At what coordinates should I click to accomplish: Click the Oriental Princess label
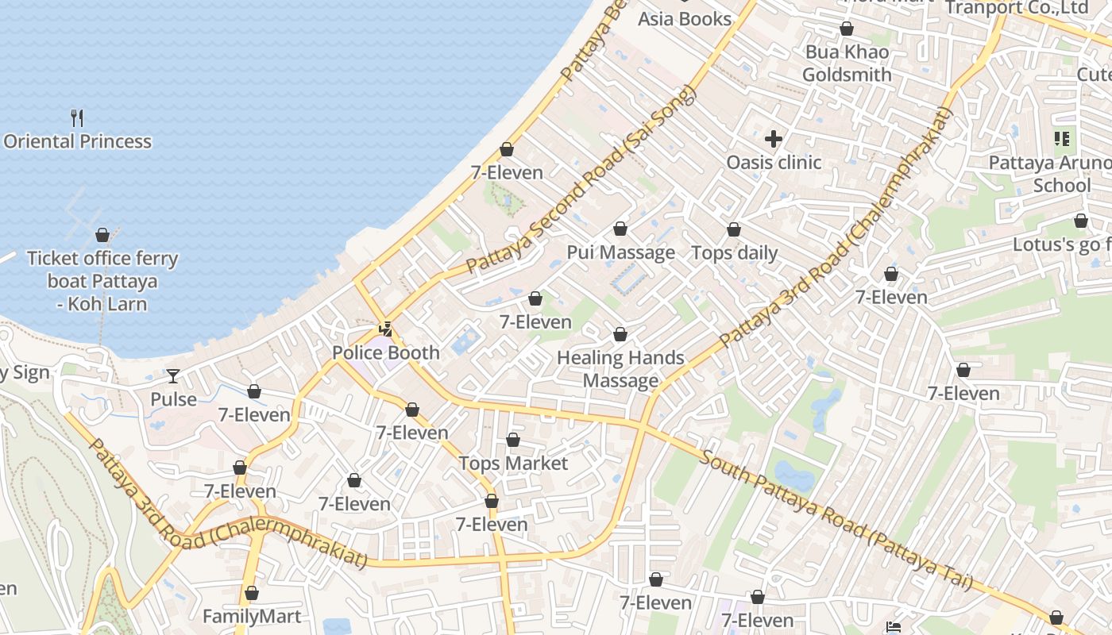point(77,141)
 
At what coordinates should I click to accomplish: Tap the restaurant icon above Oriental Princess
point(77,118)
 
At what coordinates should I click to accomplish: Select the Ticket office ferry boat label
point(102,281)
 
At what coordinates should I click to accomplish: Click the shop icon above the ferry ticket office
point(102,235)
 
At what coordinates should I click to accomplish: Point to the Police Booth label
point(385,352)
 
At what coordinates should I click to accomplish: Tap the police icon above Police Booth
point(385,329)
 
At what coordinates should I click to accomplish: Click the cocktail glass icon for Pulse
point(173,375)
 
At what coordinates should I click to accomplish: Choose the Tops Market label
point(513,463)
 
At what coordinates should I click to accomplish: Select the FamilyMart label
point(252,616)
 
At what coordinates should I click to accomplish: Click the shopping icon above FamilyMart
point(252,593)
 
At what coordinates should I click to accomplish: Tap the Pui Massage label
point(620,252)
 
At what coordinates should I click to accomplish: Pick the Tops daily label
point(734,252)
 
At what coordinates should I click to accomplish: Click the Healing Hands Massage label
point(620,369)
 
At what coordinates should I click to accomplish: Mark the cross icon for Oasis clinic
point(773,140)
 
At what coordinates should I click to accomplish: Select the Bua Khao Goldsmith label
point(847,63)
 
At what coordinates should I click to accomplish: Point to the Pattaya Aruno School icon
point(1062,140)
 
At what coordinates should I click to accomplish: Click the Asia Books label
point(684,18)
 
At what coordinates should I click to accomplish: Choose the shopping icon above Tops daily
point(734,229)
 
